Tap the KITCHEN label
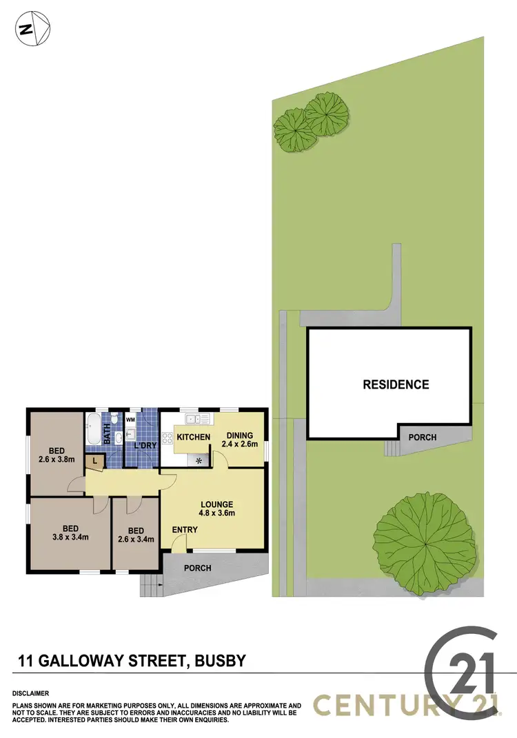(x=193, y=438)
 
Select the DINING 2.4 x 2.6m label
(x=237, y=440)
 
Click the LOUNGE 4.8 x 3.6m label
(x=217, y=509)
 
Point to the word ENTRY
(x=185, y=530)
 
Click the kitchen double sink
(x=192, y=419)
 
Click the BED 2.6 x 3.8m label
(x=57, y=436)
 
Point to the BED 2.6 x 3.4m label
(x=136, y=535)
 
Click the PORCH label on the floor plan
(x=197, y=568)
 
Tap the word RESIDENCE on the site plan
(x=396, y=385)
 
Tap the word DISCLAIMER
(x=30, y=693)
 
